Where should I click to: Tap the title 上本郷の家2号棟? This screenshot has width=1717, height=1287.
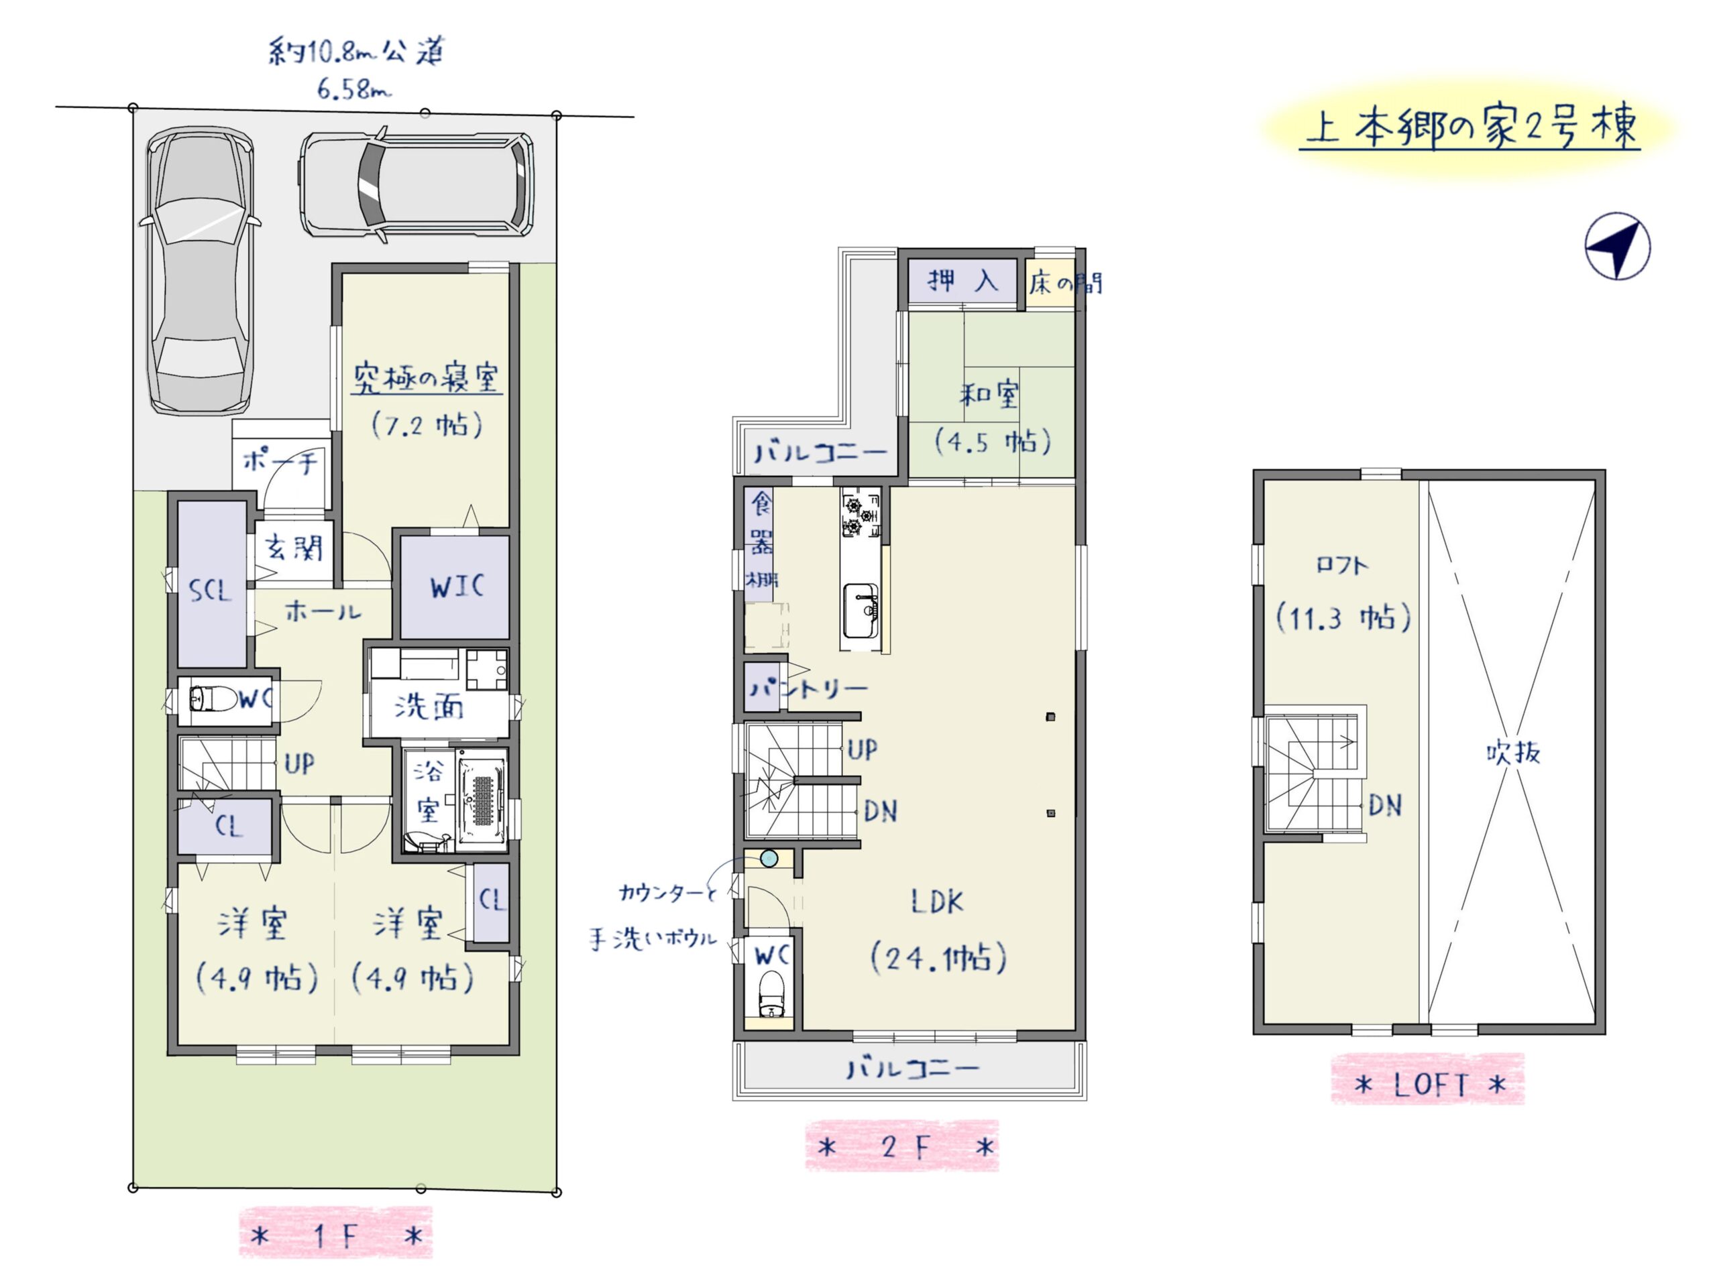[1470, 128]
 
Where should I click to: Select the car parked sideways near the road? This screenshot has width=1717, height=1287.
[417, 184]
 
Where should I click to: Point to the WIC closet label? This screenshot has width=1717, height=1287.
[457, 587]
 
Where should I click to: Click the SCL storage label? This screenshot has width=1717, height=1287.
[211, 591]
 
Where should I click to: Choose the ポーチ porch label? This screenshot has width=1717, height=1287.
[280, 462]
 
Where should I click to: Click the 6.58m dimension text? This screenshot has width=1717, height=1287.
[353, 89]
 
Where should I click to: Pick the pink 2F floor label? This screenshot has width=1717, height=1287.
[902, 1148]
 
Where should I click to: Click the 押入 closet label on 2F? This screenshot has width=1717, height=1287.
[962, 280]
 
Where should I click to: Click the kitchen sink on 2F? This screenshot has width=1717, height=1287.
[860, 611]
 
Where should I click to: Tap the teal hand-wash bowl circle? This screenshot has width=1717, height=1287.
[769, 858]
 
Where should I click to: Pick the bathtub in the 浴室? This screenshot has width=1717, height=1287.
[483, 799]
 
